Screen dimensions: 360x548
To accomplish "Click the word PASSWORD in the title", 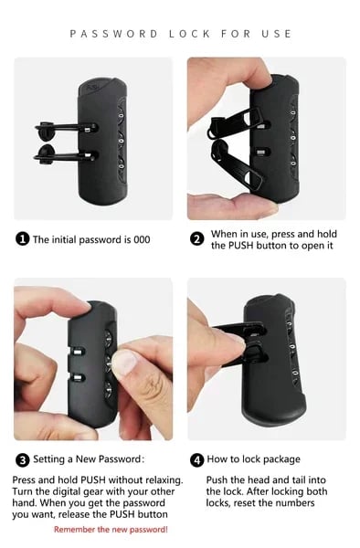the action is (x=113, y=34).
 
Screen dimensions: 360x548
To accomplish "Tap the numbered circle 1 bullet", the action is (x=22, y=239).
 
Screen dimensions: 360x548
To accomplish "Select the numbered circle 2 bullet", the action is (x=197, y=239).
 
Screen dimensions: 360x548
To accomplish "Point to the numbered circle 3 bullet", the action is (x=22, y=459).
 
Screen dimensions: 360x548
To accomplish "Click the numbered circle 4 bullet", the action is (x=197, y=459).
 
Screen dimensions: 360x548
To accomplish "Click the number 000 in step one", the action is (x=142, y=239).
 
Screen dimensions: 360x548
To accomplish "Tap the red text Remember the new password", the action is (x=111, y=530).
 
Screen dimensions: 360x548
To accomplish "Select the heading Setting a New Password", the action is (x=89, y=458).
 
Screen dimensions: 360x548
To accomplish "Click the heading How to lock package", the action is (x=253, y=459).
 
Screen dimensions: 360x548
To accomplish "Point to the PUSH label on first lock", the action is (x=93, y=87).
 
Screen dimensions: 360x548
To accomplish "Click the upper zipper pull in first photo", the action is (x=66, y=127).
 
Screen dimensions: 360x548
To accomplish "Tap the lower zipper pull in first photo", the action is (x=65, y=155).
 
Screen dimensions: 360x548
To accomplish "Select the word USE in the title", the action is (x=277, y=34).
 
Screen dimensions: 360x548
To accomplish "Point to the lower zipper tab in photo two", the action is (x=237, y=165).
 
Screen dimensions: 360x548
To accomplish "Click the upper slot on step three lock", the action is (x=77, y=351).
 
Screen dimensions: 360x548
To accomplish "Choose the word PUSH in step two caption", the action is (x=240, y=246).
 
